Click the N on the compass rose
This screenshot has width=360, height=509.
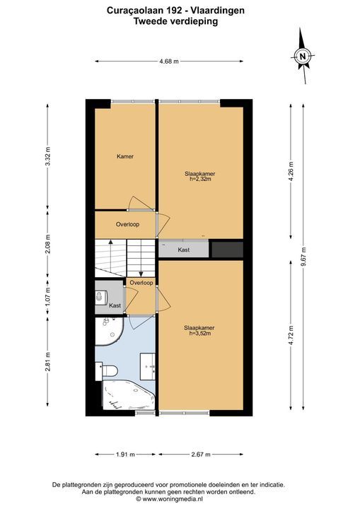point(303,56)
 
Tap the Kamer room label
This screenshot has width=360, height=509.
point(125,156)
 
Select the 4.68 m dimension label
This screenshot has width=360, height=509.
point(169,61)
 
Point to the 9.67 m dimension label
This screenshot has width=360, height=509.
point(303,257)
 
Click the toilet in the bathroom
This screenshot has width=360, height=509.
point(107,371)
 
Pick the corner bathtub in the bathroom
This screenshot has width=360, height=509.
point(127,395)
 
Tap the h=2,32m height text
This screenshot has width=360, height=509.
point(200,179)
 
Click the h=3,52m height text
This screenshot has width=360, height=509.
point(199,333)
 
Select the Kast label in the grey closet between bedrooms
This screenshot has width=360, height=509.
point(184,250)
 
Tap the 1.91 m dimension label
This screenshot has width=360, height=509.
point(125,455)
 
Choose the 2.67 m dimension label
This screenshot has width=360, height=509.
point(201,455)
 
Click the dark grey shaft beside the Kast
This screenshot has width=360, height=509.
point(228,250)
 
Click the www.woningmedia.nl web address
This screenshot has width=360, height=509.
point(173,499)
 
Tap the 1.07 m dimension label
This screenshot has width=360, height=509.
point(48,297)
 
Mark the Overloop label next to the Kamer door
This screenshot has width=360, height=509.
point(128,224)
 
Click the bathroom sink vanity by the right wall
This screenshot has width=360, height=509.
point(148,366)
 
